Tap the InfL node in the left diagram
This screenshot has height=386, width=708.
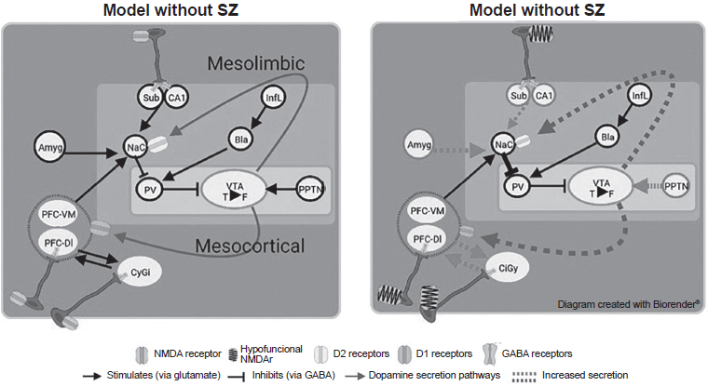point(274,96)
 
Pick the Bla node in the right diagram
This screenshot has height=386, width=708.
point(608,137)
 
